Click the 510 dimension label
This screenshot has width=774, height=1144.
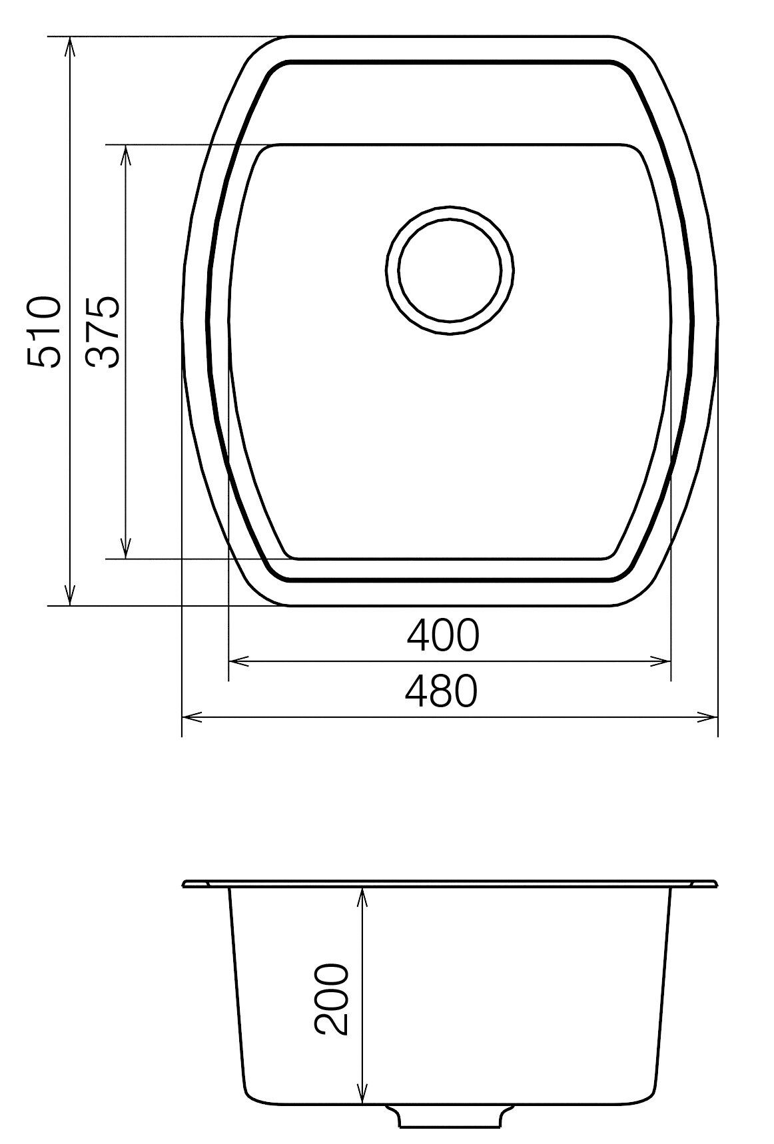point(45,332)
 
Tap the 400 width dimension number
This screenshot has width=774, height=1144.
point(443,635)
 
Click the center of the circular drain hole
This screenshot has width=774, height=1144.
point(450,269)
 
